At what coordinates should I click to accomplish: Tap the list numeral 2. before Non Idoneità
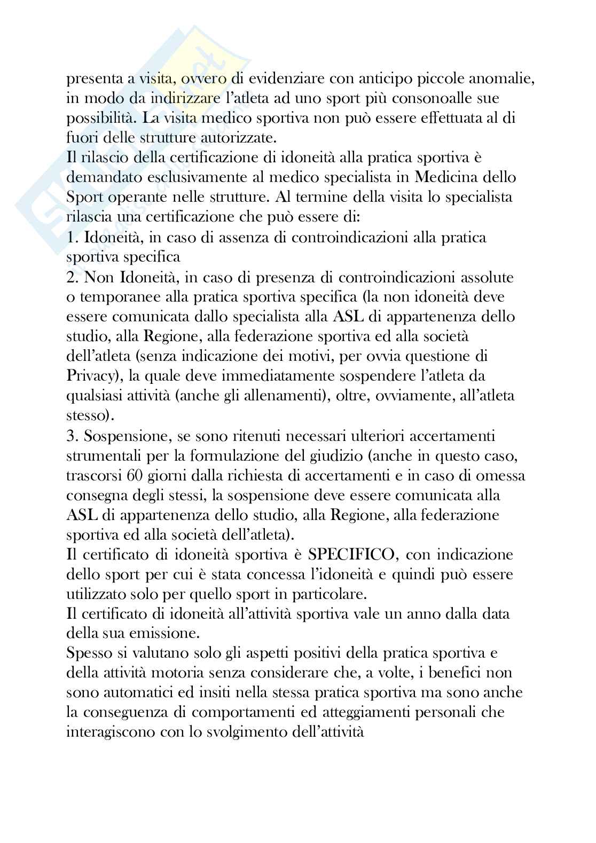click(x=73, y=277)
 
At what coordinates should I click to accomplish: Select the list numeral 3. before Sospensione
click(x=73, y=436)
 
